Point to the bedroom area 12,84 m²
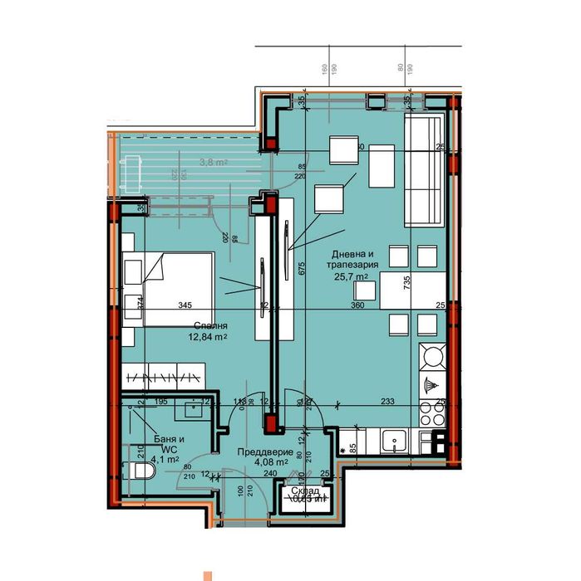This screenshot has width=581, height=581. (x=207, y=338)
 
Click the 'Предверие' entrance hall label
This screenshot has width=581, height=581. (x=262, y=452)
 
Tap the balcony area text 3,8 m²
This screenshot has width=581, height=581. (x=214, y=163)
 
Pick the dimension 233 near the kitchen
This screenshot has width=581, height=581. (x=387, y=402)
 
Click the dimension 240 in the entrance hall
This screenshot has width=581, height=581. (x=270, y=473)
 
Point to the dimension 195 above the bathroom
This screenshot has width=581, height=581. (x=162, y=402)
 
